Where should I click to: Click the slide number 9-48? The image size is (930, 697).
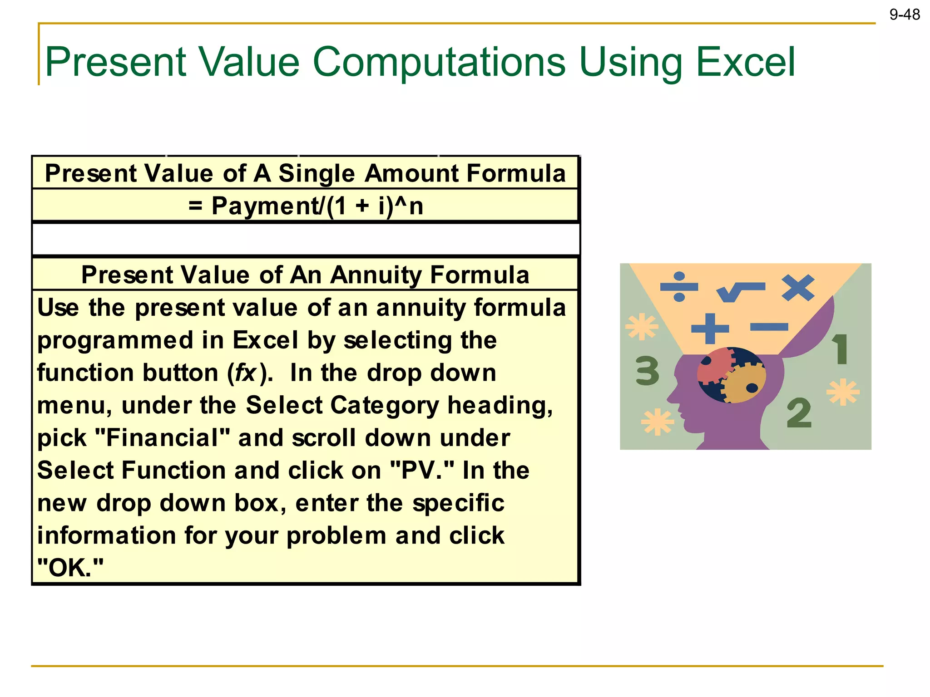tap(904, 15)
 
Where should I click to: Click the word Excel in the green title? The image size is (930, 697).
tap(745, 62)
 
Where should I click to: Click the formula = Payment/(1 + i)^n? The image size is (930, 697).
tap(306, 206)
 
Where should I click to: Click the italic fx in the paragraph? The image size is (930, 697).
tap(245, 373)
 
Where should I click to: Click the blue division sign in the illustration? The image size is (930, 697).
tap(679, 287)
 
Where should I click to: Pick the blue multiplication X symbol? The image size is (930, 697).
tap(798, 288)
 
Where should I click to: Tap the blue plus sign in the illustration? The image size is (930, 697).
tap(710, 328)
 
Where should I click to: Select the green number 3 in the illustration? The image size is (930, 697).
tap(647, 371)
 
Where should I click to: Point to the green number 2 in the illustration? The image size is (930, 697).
tap(799, 413)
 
